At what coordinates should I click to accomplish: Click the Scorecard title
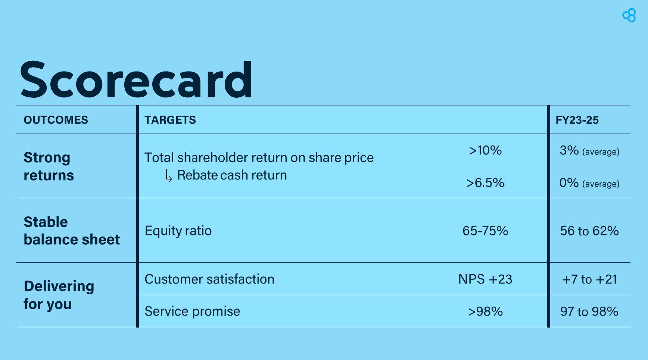pyautogui.click(x=136, y=79)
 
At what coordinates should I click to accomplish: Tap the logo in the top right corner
pyautogui.click(x=629, y=15)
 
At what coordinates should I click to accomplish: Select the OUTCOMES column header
pyautogui.click(x=56, y=120)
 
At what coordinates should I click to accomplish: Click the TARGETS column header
pyautogui.click(x=170, y=120)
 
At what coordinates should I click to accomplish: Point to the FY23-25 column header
pyautogui.click(x=577, y=120)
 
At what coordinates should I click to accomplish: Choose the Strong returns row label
pyautogui.click(x=49, y=166)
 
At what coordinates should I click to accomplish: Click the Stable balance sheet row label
pyautogui.click(x=72, y=231)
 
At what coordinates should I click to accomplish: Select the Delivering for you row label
pyautogui.click(x=59, y=295)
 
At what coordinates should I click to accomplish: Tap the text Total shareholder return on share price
pyautogui.click(x=259, y=157)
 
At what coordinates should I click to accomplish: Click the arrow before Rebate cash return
pyautogui.click(x=169, y=175)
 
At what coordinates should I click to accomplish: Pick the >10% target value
pyautogui.click(x=485, y=150)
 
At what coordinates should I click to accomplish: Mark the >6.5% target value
pyautogui.click(x=485, y=183)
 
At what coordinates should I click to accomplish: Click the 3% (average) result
pyautogui.click(x=589, y=151)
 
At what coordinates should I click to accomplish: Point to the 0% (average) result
pyautogui.click(x=589, y=183)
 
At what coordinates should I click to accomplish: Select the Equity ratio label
pyautogui.click(x=178, y=231)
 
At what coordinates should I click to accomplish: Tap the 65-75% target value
pyautogui.click(x=485, y=231)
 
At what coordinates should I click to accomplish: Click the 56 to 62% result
pyautogui.click(x=589, y=231)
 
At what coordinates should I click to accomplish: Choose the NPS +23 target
pyautogui.click(x=485, y=279)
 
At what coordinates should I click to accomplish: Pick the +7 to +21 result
pyautogui.click(x=589, y=279)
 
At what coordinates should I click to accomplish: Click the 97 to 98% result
pyautogui.click(x=589, y=312)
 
